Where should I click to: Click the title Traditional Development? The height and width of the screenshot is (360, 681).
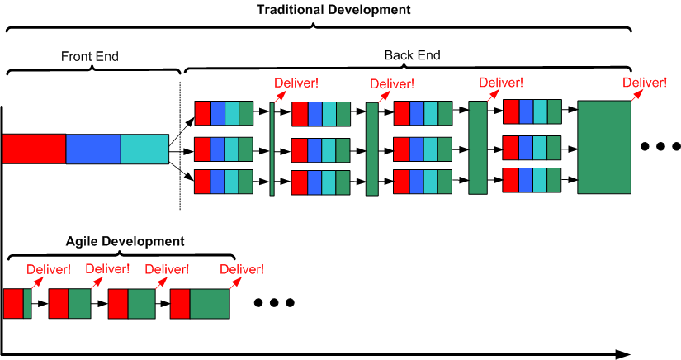333,11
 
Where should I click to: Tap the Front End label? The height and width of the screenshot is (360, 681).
89,56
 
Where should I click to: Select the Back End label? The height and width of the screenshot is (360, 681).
412,55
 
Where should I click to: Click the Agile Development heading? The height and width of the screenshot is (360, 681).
125,242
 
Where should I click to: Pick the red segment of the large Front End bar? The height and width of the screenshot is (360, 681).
34,149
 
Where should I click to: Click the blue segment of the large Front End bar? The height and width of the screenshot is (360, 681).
93,149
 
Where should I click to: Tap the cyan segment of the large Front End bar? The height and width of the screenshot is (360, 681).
144,149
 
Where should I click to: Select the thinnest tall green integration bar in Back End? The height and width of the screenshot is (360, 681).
272,149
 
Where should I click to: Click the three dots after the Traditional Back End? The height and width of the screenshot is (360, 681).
660,147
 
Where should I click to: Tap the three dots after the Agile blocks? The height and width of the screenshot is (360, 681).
273,303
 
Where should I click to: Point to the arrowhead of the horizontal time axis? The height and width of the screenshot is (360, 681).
622,353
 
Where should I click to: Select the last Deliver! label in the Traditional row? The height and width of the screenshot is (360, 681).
645,83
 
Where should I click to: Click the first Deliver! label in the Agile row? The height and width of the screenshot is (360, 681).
49,269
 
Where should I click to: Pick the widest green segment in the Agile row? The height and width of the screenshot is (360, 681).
210,303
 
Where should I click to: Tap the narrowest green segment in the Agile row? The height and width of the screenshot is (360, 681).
27,303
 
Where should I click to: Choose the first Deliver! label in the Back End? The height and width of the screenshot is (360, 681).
296,83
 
